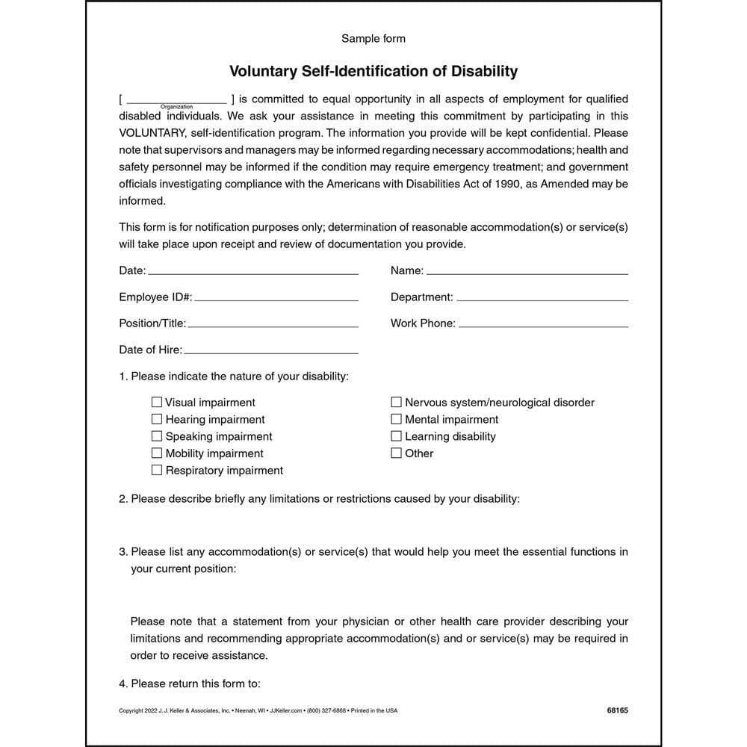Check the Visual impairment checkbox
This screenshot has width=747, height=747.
pyautogui.click(x=157, y=402)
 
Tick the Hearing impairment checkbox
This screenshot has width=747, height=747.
pyautogui.click(x=157, y=419)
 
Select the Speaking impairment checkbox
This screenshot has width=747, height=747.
pyautogui.click(x=157, y=436)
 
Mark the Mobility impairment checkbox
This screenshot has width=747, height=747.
pyautogui.click(x=157, y=453)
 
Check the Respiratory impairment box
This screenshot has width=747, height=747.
pyautogui.click(x=157, y=470)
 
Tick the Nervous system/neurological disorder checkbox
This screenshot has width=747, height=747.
pyautogui.click(x=397, y=402)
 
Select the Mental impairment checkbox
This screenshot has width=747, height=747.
pyautogui.click(x=397, y=419)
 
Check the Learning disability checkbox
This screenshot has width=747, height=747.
pyautogui.click(x=397, y=436)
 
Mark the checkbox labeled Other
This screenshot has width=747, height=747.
pyautogui.click(x=397, y=453)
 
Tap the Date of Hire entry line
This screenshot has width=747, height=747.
pyautogui.click(x=270, y=351)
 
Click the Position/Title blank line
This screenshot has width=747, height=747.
pyautogui.click(x=273, y=325)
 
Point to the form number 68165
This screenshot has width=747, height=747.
pyautogui.click(x=617, y=710)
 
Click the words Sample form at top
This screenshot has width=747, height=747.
pyautogui.click(x=373, y=38)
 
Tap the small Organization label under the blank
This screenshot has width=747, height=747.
pyautogui.click(x=176, y=107)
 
